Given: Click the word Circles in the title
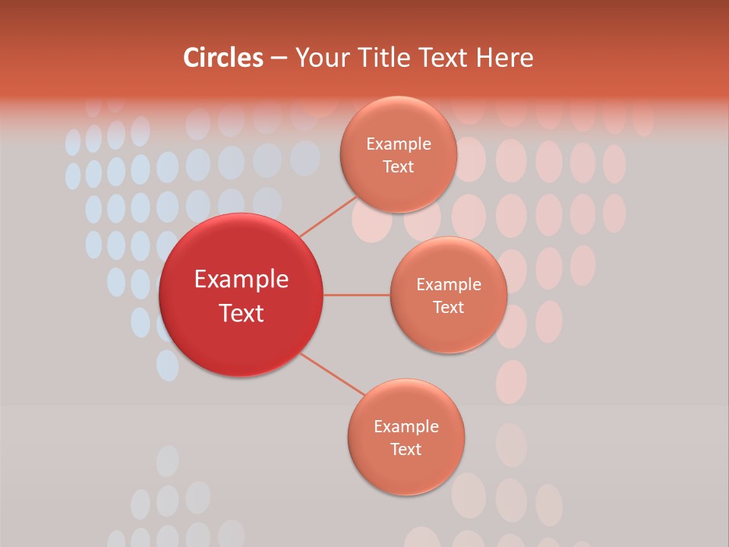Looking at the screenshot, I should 222,58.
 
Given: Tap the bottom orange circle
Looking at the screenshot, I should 406,471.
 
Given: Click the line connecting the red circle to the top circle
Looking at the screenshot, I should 328,217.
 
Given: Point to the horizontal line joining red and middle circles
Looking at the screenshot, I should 356,295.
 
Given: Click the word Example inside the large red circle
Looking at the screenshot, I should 241,280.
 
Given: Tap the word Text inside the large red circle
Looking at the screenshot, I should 241,313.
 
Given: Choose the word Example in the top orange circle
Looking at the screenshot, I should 398,144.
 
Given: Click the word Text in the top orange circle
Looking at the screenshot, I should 398,166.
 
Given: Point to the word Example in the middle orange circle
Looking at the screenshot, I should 448,284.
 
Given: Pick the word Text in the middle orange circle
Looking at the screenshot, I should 448,307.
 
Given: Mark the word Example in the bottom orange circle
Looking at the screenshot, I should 406,426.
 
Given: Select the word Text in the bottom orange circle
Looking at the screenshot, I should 406,449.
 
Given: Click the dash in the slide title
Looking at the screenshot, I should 279,58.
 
